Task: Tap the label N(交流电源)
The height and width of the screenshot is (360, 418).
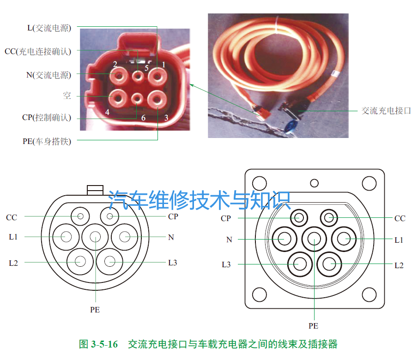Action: point(48,75)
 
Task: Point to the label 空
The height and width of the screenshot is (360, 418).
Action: point(67,96)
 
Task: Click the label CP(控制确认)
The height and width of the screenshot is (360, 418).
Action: point(47,118)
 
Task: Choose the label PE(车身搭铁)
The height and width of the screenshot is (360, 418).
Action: point(47,141)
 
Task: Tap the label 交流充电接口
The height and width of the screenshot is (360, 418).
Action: point(386,111)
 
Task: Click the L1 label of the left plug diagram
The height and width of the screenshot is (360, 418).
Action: point(13,237)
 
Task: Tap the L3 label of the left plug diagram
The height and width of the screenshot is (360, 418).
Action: point(172,263)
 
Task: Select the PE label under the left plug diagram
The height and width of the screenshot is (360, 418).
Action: point(95,310)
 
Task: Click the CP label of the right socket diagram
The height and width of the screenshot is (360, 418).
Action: point(226,218)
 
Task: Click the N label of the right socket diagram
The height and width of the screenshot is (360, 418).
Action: point(229,240)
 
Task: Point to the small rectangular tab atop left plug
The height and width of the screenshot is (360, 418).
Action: point(95,189)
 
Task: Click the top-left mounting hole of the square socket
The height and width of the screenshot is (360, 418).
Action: point(260,183)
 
